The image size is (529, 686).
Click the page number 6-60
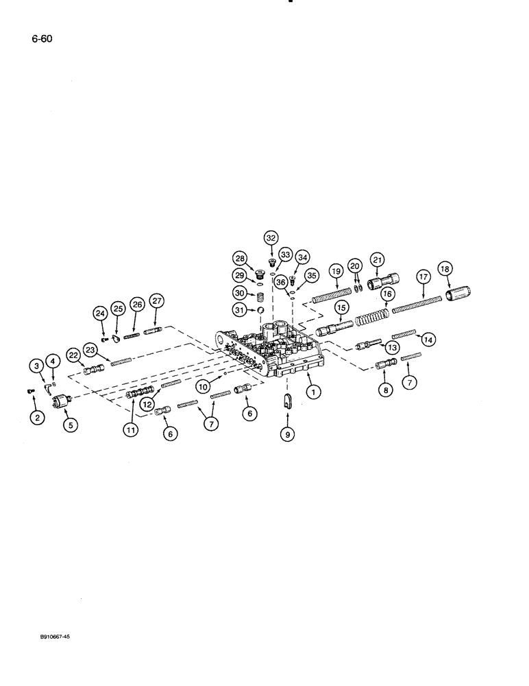tap(41, 38)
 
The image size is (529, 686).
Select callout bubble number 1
tap(313, 392)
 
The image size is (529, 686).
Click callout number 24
tap(100, 314)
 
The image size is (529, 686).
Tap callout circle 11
tap(131, 430)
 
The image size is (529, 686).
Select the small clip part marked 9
tap(288, 402)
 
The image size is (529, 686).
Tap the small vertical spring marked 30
tap(260, 299)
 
